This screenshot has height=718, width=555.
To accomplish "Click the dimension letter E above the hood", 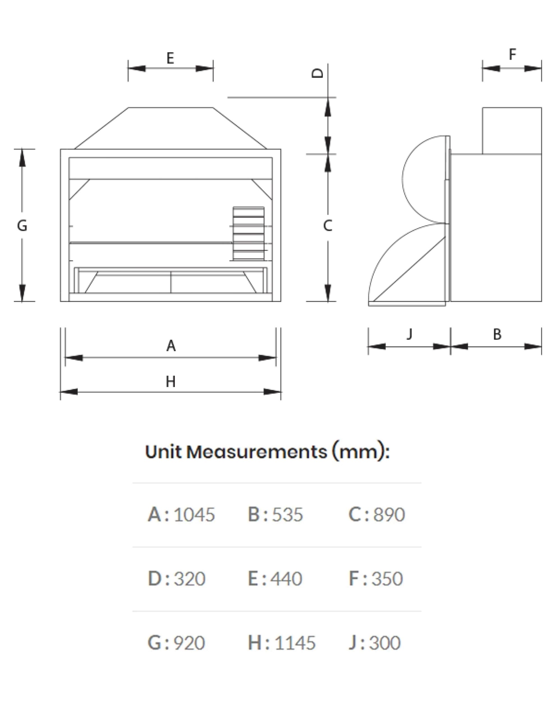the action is pos(170,58).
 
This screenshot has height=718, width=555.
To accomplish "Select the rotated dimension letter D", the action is pos(317,73).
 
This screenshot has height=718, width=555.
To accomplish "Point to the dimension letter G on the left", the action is pos(22,225).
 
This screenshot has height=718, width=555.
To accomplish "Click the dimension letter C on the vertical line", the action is pos(328,225).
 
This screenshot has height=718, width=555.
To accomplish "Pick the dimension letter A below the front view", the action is pos(171,346).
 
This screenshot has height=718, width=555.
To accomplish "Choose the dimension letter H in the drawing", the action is pos(170,382).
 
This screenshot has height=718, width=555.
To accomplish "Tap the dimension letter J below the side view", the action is pos(409,334).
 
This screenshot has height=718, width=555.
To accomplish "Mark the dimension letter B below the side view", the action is pos(497,334).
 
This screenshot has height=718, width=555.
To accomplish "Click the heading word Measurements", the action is pos(257,452).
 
